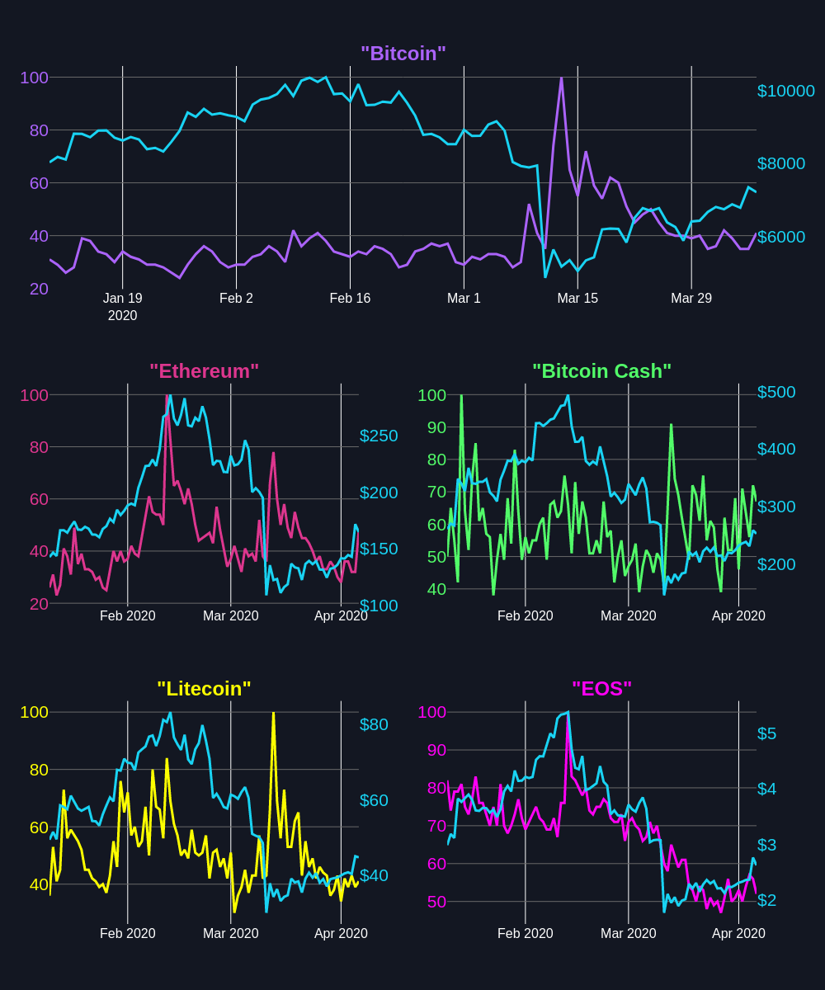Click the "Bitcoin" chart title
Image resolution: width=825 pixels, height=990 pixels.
(403, 54)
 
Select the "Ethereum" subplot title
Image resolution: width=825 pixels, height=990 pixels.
(204, 371)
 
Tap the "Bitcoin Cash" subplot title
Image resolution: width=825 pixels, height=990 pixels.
(601, 371)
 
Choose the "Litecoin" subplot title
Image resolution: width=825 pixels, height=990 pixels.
(204, 689)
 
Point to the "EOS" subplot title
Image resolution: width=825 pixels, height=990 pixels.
(601, 689)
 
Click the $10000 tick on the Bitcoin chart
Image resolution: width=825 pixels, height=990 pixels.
(785, 91)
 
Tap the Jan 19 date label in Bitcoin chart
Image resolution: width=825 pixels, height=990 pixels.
(122, 299)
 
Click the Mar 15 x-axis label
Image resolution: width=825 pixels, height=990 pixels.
(577, 299)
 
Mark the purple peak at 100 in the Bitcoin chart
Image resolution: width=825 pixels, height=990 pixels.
(561, 79)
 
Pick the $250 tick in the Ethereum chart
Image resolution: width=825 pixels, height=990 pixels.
(379, 436)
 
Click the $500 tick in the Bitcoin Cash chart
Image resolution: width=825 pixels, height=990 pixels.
(776, 392)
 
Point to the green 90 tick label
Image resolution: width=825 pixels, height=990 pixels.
(431, 427)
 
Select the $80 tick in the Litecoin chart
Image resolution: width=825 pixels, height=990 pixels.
(374, 724)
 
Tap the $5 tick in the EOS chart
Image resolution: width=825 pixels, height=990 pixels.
(766, 733)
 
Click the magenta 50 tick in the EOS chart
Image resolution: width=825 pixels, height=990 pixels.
(436, 902)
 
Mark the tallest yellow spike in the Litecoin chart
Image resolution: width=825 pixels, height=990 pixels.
(273, 714)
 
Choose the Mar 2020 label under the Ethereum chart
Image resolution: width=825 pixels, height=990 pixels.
(230, 616)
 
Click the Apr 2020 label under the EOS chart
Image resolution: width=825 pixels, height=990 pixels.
(738, 934)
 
